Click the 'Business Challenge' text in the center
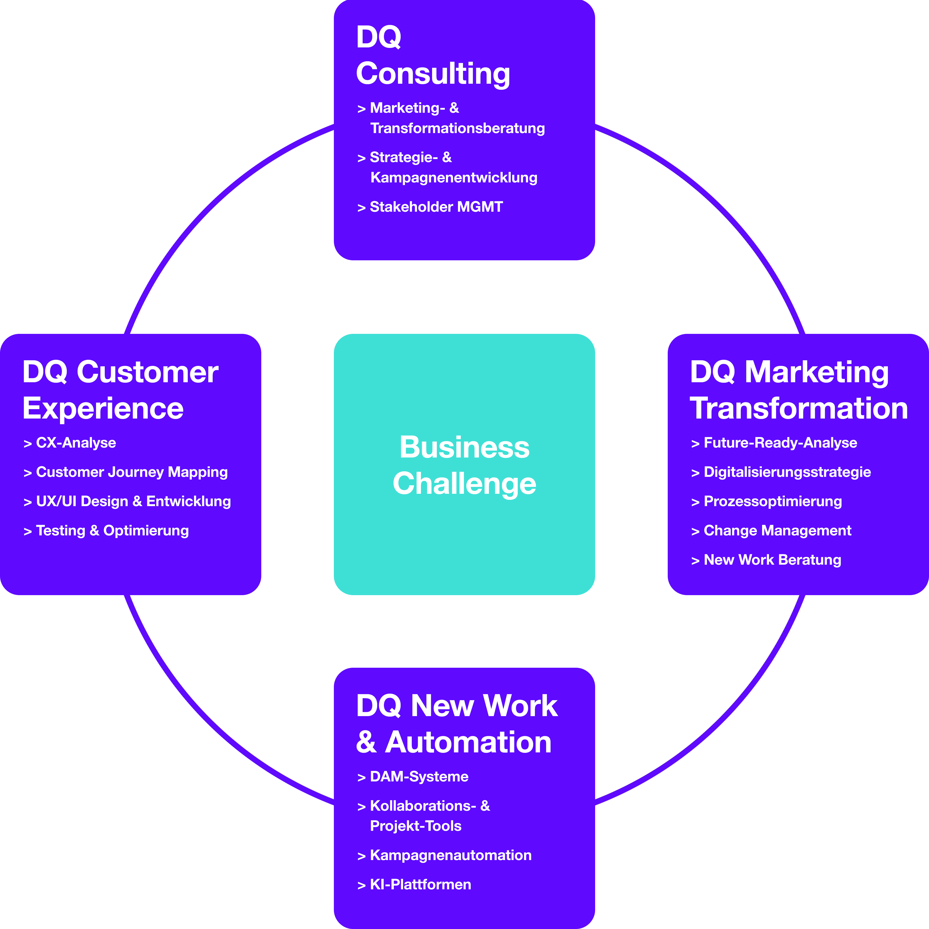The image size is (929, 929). [x=464, y=465]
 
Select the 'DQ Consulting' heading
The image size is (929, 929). [x=433, y=55]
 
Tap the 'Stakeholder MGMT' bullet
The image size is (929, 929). [x=436, y=207]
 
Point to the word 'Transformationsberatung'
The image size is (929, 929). [x=457, y=128]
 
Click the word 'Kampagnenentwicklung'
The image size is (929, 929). [x=453, y=177]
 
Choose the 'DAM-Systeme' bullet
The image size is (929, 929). [x=419, y=777]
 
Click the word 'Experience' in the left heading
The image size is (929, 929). [x=103, y=409]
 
